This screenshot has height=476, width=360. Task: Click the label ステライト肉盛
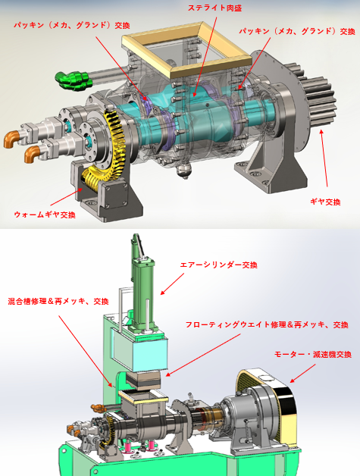coord(214,8)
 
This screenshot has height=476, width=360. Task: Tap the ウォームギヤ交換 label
coord(45,215)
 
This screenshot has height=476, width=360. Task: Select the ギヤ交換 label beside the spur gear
coord(325,202)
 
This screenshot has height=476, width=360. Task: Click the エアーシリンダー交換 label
coord(219,265)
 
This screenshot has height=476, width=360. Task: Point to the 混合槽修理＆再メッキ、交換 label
coord(58,301)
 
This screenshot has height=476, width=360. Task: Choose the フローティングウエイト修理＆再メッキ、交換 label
coord(267,325)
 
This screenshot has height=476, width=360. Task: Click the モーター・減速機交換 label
coord(313,354)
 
